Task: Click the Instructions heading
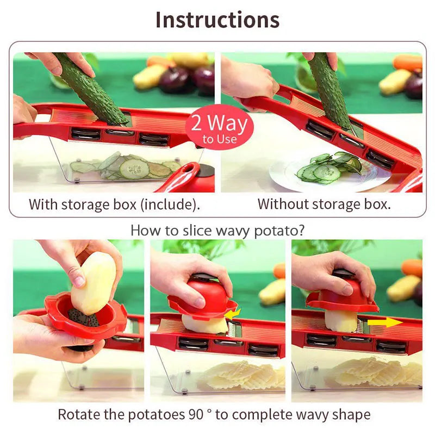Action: [217, 20]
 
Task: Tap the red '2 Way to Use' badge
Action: [219, 128]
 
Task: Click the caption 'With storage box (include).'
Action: [114, 204]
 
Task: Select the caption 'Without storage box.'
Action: [324, 204]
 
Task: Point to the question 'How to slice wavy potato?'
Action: [217, 230]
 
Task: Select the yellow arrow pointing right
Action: [385, 322]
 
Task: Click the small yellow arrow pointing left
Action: [233, 314]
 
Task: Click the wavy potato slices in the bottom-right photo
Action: [375, 372]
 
